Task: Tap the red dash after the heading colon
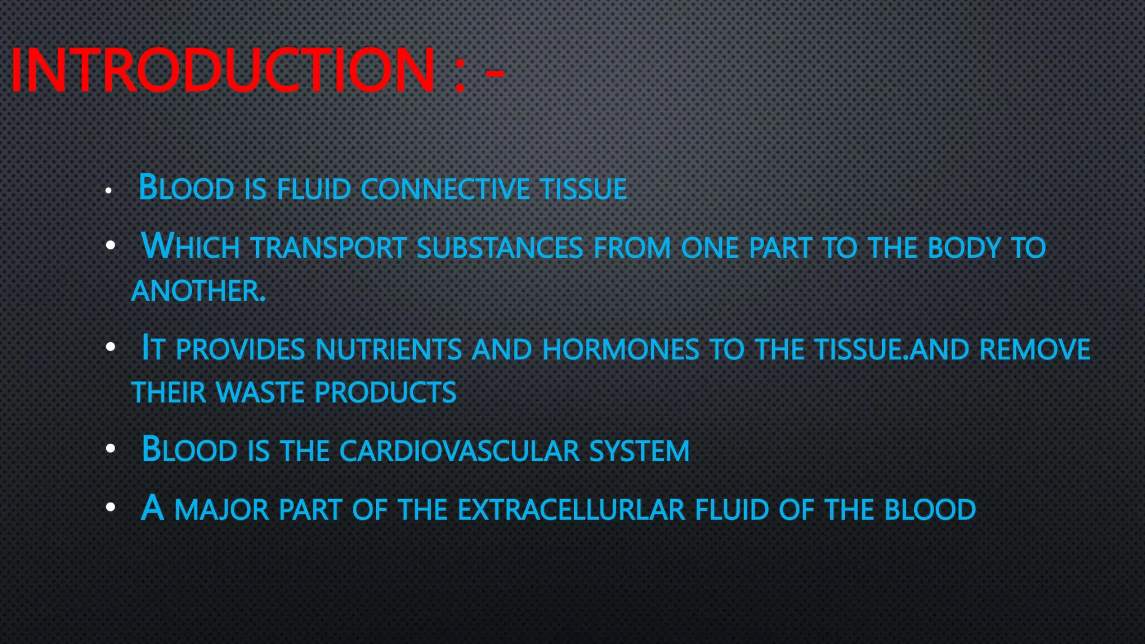coord(495,73)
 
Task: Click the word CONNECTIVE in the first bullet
coord(445,189)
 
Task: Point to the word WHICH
coord(191,247)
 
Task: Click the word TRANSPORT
coord(328,248)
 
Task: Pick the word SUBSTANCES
coord(500,248)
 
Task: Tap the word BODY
coord(964,248)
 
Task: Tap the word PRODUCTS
coord(386,392)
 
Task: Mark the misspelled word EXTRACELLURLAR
coord(571,510)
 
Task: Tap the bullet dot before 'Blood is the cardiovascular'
coord(111,448)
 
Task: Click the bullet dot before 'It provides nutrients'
coord(111,347)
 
